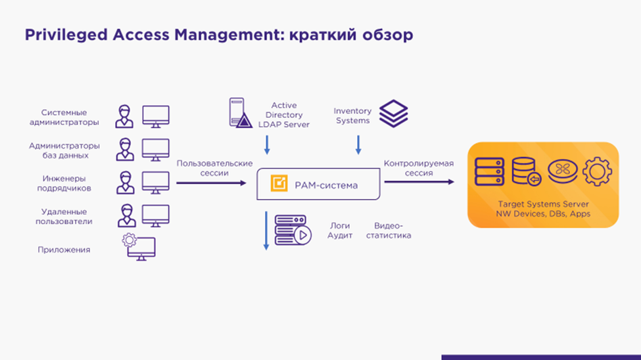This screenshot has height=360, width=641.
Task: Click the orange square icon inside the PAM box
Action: coord(279,185)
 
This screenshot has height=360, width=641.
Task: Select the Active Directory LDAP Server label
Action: coord(284,115)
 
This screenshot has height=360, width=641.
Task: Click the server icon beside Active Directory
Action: coord(240,112)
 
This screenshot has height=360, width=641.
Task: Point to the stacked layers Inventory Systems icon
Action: coord(394,114)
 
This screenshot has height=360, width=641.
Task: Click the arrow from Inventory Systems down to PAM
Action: coord(358,145)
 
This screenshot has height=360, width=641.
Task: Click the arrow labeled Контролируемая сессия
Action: coord(419,182)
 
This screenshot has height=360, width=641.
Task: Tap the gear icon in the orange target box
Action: coord(597,171)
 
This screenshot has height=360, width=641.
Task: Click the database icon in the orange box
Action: coord(526,171)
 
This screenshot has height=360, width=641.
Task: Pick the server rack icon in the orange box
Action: coord(490,171)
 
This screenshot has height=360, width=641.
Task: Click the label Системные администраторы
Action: coord(64,118)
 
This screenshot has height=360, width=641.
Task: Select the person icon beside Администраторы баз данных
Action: coord(125,149)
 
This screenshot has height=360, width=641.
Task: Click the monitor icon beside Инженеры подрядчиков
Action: coord(156,183)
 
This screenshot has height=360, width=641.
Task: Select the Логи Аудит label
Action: coord(340,230)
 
